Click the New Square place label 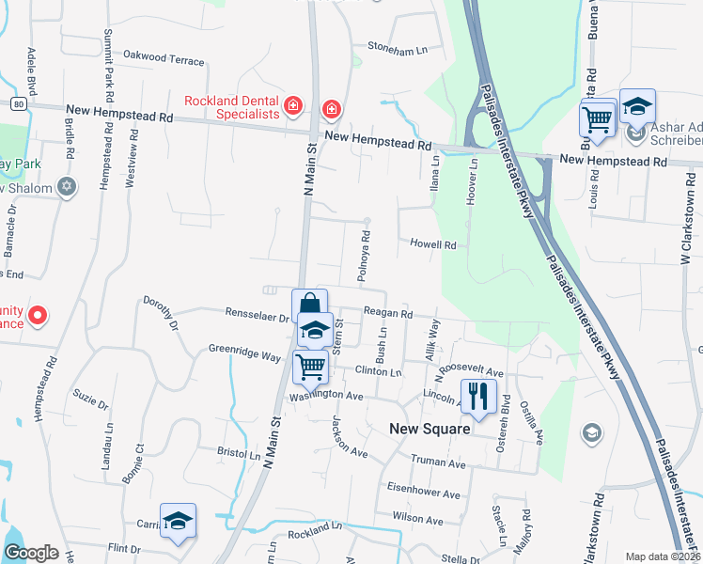(429, 429)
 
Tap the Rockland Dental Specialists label (231, 107)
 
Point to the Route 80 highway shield (19, 103)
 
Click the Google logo (31, 553)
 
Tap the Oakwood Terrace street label (164, 59)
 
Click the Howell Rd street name (432, 244)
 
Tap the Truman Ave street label (439, 463)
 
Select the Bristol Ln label (239, 453)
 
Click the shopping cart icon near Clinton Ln (310, 368)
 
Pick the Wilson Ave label (417, 519)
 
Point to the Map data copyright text (663, 556)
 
